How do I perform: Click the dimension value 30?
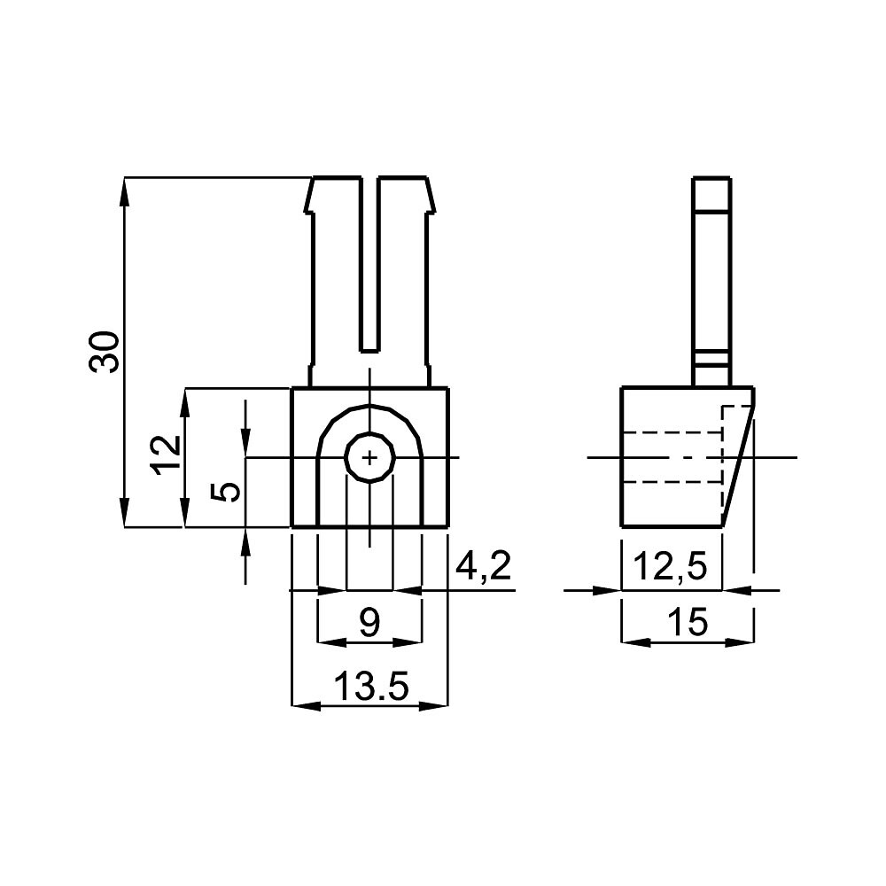point(105,352)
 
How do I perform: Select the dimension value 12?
point(167,455)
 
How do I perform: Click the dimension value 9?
point(369,623)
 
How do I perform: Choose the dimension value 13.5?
point(370,686)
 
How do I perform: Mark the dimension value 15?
point(688,622)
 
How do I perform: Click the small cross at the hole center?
point(369,457)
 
